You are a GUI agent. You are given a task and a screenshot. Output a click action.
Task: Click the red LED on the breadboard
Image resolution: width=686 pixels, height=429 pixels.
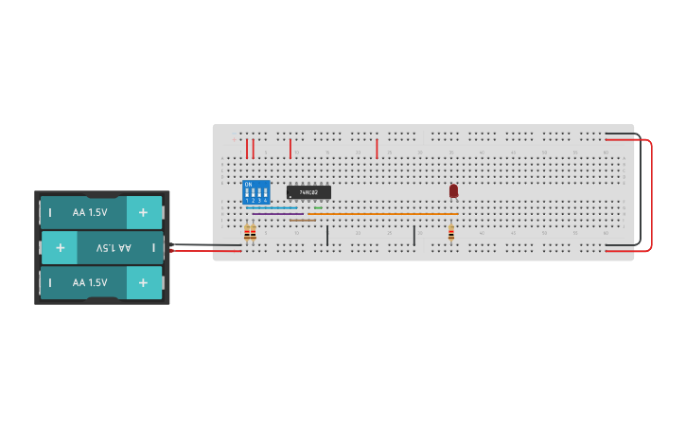click(x=453, y=191)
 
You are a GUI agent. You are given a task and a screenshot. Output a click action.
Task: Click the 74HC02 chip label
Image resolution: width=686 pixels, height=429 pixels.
click(x=308, y=192)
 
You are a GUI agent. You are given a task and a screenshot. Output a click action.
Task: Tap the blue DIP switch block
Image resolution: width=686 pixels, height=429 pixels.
click(x=255, y=192)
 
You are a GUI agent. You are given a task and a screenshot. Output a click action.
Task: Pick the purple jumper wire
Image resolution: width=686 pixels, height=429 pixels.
click(x=276, y=214)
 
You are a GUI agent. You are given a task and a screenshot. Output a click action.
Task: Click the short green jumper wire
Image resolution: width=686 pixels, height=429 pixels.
click(x=318, y=207)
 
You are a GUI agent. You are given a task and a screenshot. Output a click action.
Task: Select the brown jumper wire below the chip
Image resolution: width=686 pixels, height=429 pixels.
click(x=303, y=220)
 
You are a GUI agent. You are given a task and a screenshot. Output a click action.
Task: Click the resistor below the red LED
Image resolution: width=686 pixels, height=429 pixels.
click(x=450, y=233)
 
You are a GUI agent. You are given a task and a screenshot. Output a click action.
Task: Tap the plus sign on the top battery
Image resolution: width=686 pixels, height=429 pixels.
click(x=143, y=212)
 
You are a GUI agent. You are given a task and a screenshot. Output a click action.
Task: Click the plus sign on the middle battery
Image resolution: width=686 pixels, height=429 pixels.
click(x=60, y=247)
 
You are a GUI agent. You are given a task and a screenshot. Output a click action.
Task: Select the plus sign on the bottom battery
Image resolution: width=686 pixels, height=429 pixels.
click(x=143, y=282)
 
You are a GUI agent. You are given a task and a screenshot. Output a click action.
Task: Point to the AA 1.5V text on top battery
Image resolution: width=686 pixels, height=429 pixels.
click(x=90, y=212)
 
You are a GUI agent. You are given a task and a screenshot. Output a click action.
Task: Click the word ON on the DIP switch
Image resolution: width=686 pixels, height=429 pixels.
click(x=248, y=184)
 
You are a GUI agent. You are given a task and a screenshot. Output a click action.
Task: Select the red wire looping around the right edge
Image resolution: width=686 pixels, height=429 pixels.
click(x=651, y=194)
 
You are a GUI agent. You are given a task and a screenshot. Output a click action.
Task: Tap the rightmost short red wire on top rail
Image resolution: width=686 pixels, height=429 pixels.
click(x=377, y=149)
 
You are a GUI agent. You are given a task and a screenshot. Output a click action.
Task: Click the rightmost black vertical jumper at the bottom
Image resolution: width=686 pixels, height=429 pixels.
click(x=413, y=235)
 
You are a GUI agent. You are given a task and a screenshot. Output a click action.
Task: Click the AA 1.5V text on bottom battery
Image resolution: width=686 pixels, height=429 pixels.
click(x=90, y=282)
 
